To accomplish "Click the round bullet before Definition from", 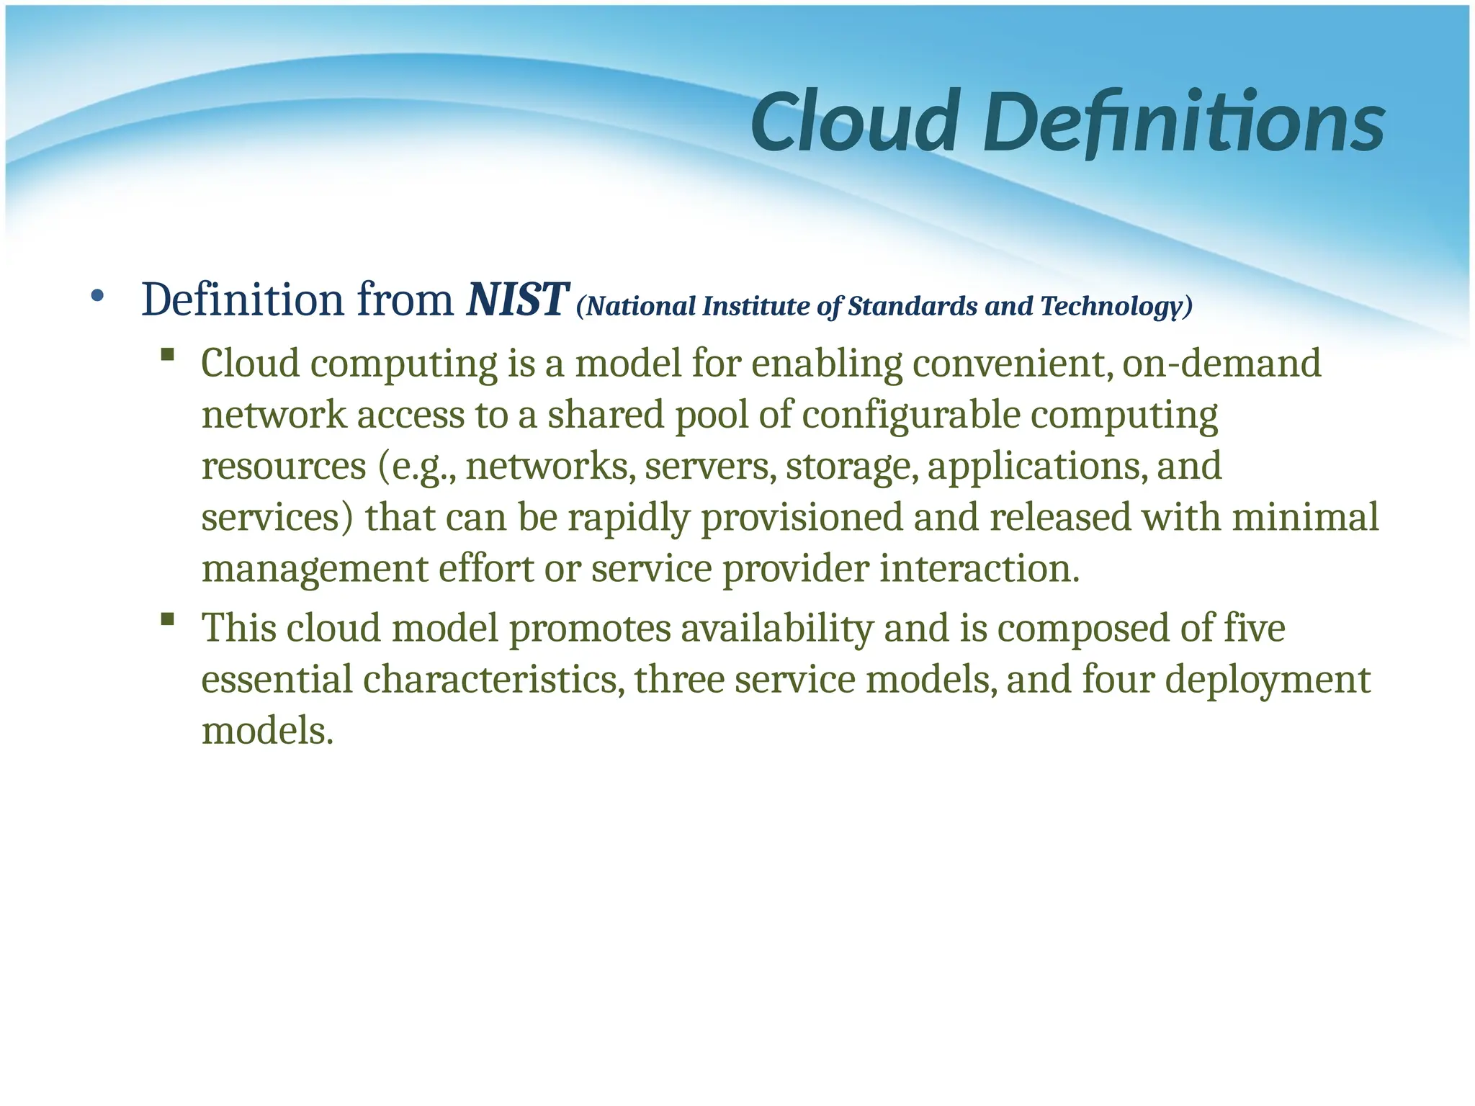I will click(97, 296).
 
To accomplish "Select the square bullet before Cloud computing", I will click(168, 354).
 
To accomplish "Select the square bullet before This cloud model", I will click(168, 619).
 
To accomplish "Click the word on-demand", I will click(1221, 363).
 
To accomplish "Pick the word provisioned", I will click(802, 518).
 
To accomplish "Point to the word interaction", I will click(979, 569).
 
